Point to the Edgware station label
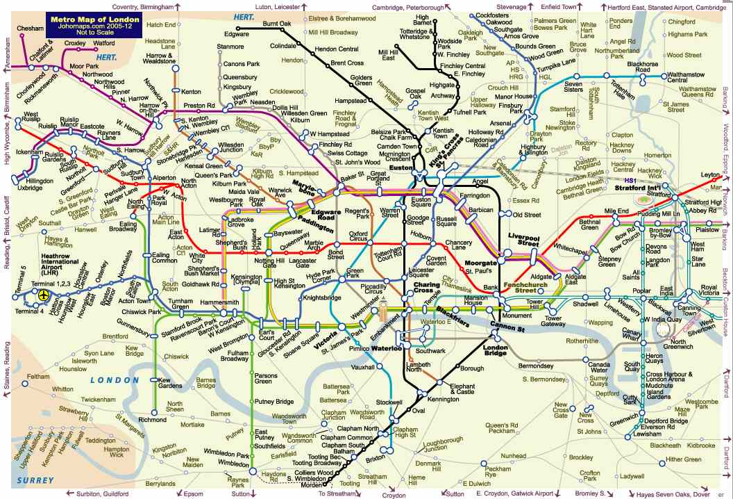tap(237, 33)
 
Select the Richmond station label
tap(153, 420)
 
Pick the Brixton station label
tap(375, 459)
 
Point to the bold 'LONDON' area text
tap(115, 380)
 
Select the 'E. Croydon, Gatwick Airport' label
tap(514, 493)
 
